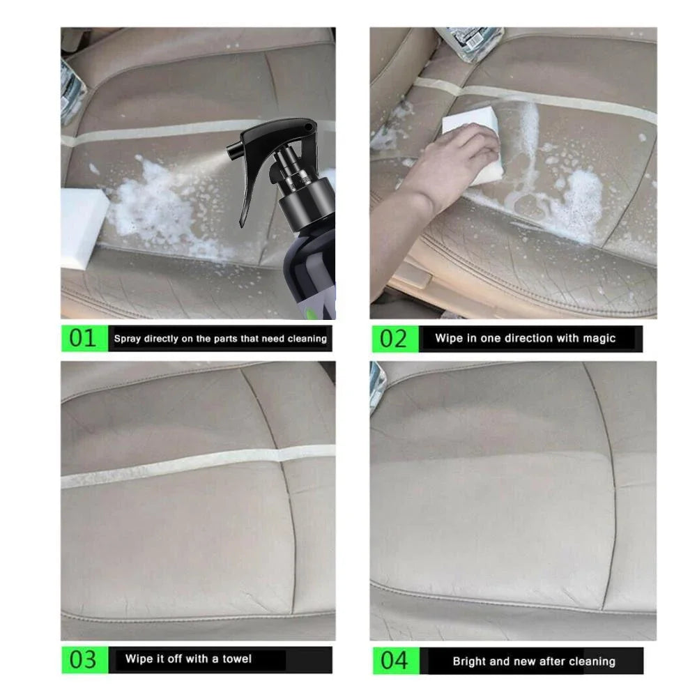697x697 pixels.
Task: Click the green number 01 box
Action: coord(83,339)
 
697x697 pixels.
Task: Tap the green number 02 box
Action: coord(393,339)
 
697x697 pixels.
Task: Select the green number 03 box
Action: coord(83,659)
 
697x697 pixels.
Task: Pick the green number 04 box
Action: coord(393,661)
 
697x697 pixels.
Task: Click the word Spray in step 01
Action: coord(128,339)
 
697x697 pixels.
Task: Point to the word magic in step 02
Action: coord(599,338)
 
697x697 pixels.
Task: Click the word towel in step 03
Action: coord(237,659)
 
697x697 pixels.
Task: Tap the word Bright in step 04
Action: coord(469,661)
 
